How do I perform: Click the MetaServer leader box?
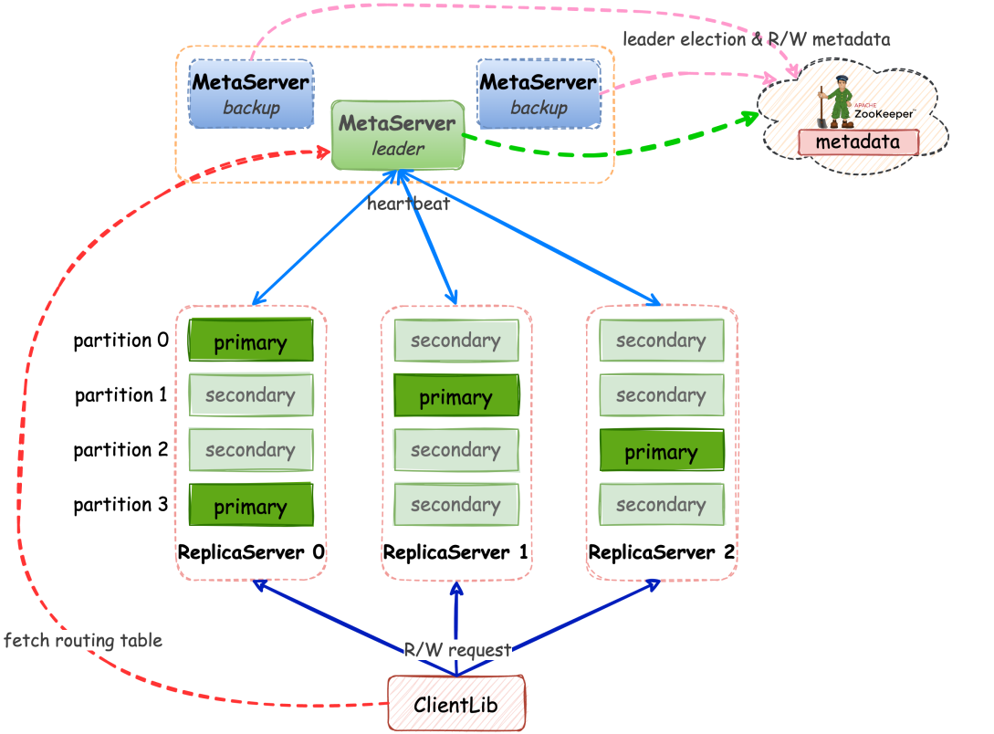pyautogui.click(x=397, y=134)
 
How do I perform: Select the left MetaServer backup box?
pyautogui.click(x=251, y=94)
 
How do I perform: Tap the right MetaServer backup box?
pyautogui.click(x=539, y=94)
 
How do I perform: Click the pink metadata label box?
pyautogui.click(x=858, y=142)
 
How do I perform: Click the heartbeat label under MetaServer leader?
pyautogui.click(x=408, y=204)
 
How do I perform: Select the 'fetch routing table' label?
pyautogui.click(x=83, y=640)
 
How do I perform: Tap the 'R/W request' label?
pyautogui.click(x=458, y=650)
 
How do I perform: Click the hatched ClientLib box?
pyautogui.click(x=457, y=703)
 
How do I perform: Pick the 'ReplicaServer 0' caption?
pyautogui.click(x=251, y=552)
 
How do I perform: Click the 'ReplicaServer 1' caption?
pyautogui.click(x=456, y=552)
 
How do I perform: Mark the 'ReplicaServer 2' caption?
pyautogui.click(x=662, y=552)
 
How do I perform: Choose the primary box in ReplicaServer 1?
pyautogui.click(x=456, y=397)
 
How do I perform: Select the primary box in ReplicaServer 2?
pyautogui.click(x=662, y=452)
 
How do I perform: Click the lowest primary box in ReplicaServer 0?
pyautogui.click(x=251, y=507)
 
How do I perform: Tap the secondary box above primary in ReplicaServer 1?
pyautogui.click(x=456, y=341)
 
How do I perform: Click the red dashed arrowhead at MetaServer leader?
pyautogui.click(x=325, y=152)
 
